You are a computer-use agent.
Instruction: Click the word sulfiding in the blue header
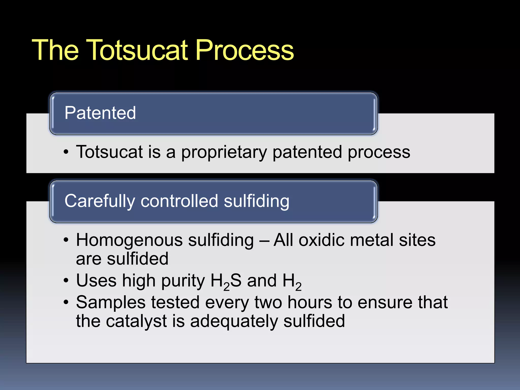pyautogui.click(x=256, y=201)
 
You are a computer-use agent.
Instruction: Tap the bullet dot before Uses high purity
pyautogui.click(x=66, y=281)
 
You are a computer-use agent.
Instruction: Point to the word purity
pyautogui.click(x=183, y=281)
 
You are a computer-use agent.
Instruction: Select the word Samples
pyautogui.click(x=111, y=303)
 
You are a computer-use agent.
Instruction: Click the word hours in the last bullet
pyautogui.click(x=310, y=303)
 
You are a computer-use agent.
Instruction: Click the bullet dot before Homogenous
pyautogui.click(x=66, y=240)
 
